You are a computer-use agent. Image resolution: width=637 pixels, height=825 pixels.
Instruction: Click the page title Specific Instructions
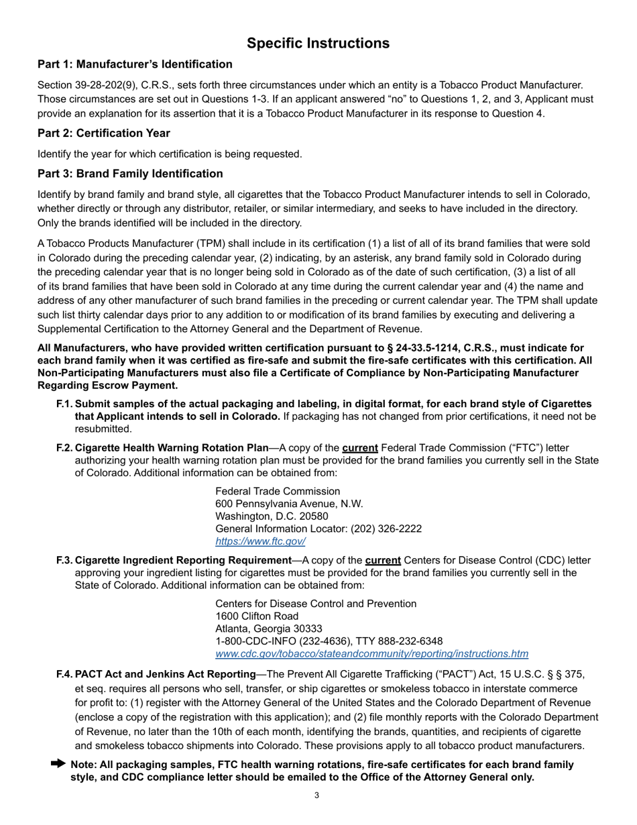(318, 44)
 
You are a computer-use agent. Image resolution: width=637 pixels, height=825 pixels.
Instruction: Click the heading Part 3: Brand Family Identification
(130, 174)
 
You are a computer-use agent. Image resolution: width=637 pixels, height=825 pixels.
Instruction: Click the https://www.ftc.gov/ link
(260, 541)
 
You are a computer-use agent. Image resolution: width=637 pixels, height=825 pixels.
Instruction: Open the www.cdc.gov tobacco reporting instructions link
(371, 654)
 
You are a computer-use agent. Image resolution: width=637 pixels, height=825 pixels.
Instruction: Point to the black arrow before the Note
(58, 764)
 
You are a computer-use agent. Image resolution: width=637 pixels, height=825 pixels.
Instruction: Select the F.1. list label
(64, 404)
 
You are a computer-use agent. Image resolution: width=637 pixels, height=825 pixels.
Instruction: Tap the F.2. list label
(64, 447)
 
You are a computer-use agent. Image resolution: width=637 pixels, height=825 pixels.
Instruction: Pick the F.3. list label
(64, 560)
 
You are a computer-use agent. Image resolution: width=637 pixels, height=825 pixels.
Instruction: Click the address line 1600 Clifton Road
(257, 616)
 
